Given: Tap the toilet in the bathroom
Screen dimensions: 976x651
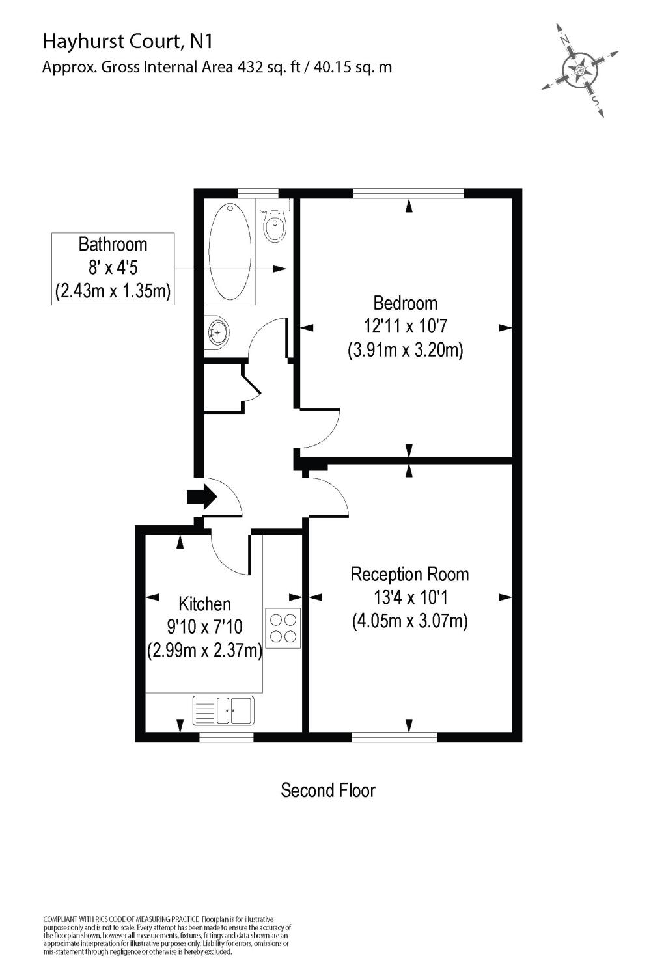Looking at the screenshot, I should pyautogui.click(x=275, y=224).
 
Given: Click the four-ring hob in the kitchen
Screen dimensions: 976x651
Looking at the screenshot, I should pyautogui.click(x=283, y=627).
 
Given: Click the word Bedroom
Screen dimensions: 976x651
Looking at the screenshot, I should pyautogui.click(x=405, y=303).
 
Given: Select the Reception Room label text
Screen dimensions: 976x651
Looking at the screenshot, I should pyautogui.click(x=409, y=575).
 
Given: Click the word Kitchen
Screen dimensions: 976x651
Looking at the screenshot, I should pyautogui.click(x=204, y=604).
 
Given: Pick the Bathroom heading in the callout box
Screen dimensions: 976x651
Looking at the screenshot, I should pyautogui.click(x=113, y=245).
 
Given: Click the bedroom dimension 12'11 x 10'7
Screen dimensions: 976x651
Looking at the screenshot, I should pyautogui.click(x=405, y=327).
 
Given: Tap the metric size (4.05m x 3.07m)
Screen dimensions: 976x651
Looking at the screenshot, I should pyautogui.click(x=409, y=621).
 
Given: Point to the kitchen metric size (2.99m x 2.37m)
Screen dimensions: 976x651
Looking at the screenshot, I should pyautogui.click(x=204, y=650).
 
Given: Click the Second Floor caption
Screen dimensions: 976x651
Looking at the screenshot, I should pyautogui.click(x=327, y=791).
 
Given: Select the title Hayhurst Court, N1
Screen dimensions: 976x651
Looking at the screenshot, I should pyautogui.click(x=128, y=42).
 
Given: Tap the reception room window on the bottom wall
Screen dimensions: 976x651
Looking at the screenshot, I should pyautogui.click(x=394, y=737).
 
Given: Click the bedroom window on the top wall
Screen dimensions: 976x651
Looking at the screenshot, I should pyautogui.click(x=408, y=193).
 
